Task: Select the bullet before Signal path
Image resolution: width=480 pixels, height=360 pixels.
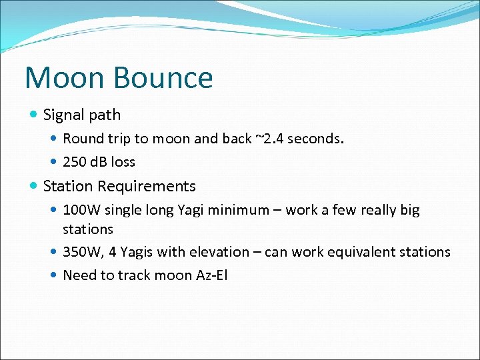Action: click(34, 115)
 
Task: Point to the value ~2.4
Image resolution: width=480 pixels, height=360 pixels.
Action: click(269, 139)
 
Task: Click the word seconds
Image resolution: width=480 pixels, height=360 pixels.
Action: click(315, 139)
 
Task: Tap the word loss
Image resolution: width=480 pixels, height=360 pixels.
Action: click(123, 162)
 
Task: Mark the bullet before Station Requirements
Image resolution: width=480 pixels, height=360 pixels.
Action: click(34, 186)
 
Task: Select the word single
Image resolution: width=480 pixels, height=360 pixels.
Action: click(123, 210)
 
